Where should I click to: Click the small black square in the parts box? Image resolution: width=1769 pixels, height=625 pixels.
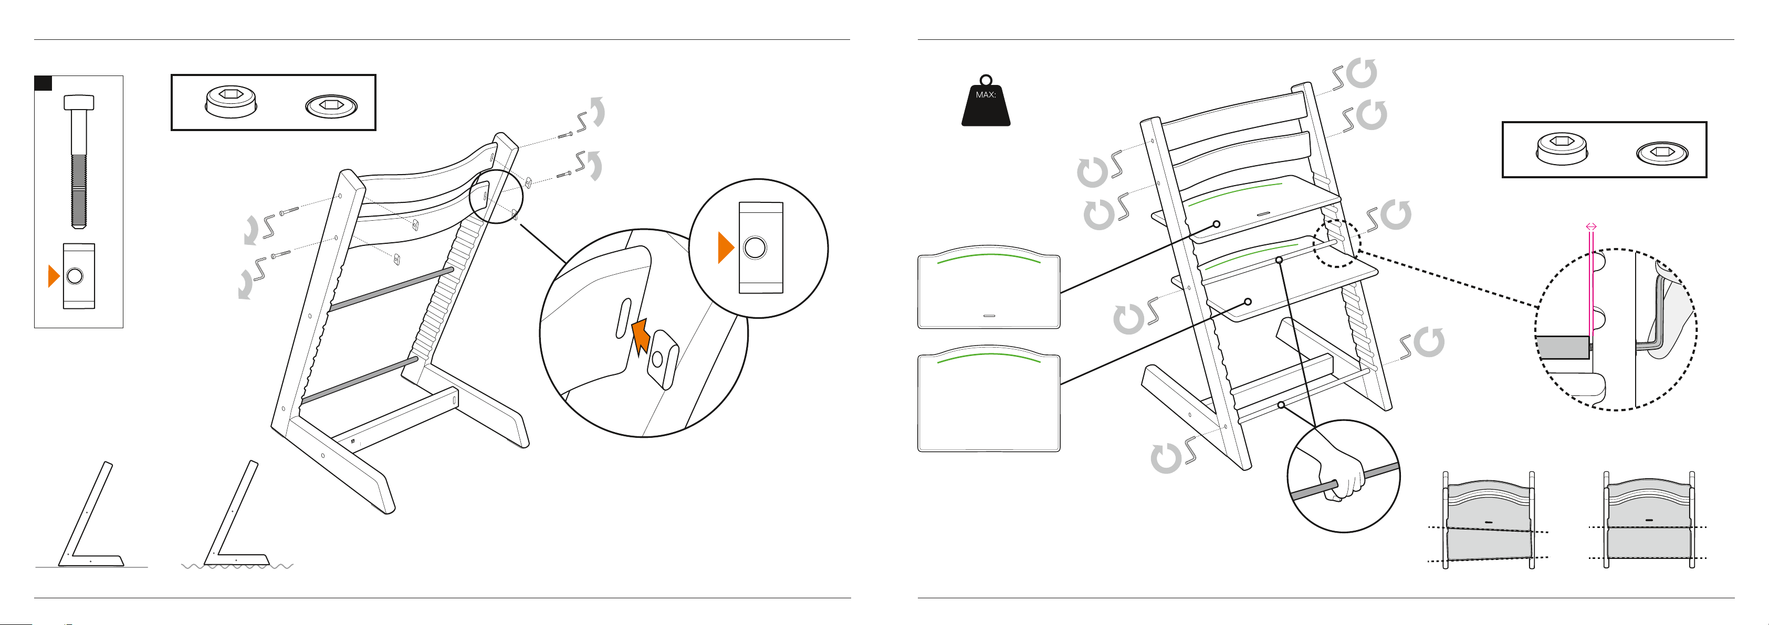click(x=43, y=83)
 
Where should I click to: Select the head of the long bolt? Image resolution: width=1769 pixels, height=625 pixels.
click(x=79, y=102)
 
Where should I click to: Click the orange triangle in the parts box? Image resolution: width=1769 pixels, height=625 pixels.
click(x=54, y=276)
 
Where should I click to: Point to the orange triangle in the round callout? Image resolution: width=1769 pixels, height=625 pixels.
click(x=725, y=247)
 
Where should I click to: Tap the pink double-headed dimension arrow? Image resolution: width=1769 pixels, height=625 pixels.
click(x=1591, y=227)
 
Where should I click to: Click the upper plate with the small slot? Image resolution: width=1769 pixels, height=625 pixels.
click(x=989, y=287)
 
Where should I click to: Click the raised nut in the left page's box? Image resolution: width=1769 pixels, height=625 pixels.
click(x=232, y=102)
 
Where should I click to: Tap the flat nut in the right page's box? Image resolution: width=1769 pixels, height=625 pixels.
click(x=1662, y=152)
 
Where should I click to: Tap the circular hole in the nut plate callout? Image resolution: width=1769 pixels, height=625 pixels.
click(x=755, y=247)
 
